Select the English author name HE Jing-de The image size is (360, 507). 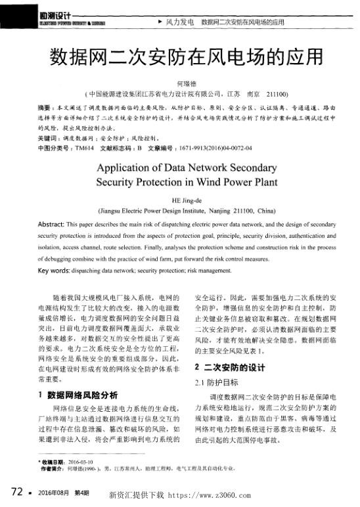pos(179,202)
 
